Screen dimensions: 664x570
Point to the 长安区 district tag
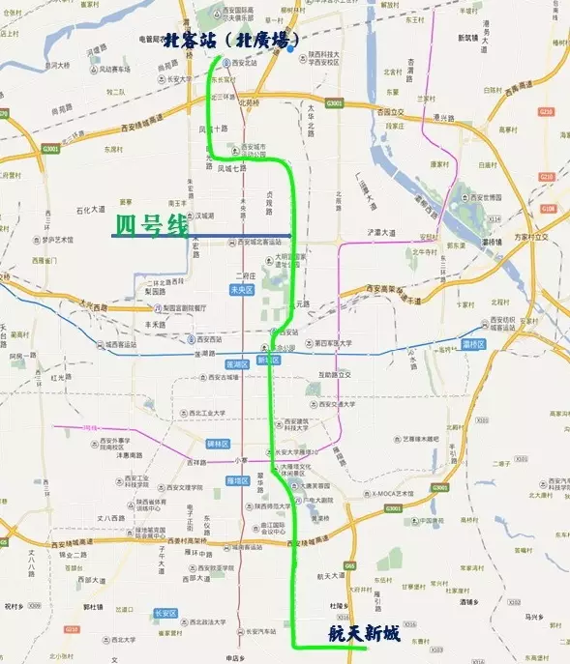point(166,613)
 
